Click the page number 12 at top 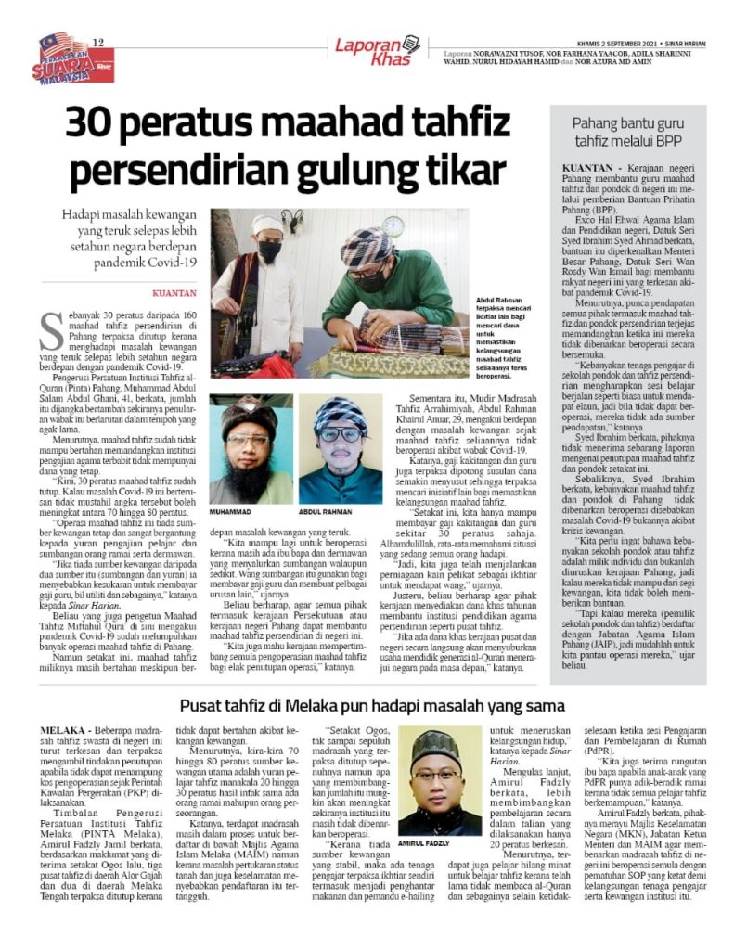(x=97, y=39)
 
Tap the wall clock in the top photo (x=393, y=225)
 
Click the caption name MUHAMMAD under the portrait (x=230, y=510)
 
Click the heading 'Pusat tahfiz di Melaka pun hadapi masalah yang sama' (x=372, y=705)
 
